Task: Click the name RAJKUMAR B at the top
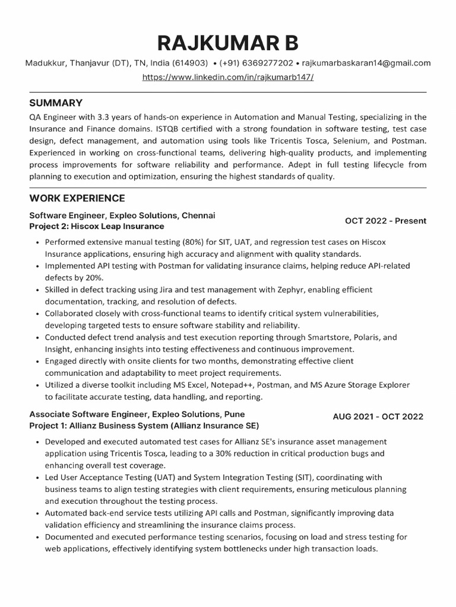pos(228,43)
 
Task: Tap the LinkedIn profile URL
pos(228,78)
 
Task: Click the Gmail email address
pos(366,63)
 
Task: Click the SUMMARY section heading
pos(56,103)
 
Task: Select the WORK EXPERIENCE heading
pos(77,198)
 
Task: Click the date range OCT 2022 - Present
pos(385,221)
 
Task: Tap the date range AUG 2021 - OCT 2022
pos(378,417)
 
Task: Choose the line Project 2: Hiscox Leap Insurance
pos(97,226)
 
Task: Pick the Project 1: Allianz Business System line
pos(144,426)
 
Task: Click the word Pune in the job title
pos(235,414)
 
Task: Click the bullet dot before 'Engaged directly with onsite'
pos(37,361)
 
